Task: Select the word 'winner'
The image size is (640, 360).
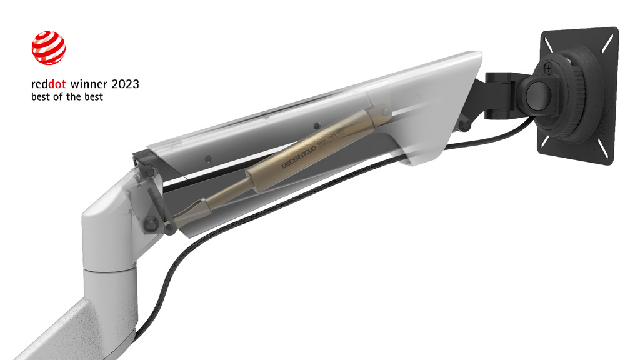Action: point(91,84)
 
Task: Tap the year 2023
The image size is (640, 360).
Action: point(125,84)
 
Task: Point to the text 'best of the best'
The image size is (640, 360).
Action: point(67,97)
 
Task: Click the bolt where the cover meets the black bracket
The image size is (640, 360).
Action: point(464,125)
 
